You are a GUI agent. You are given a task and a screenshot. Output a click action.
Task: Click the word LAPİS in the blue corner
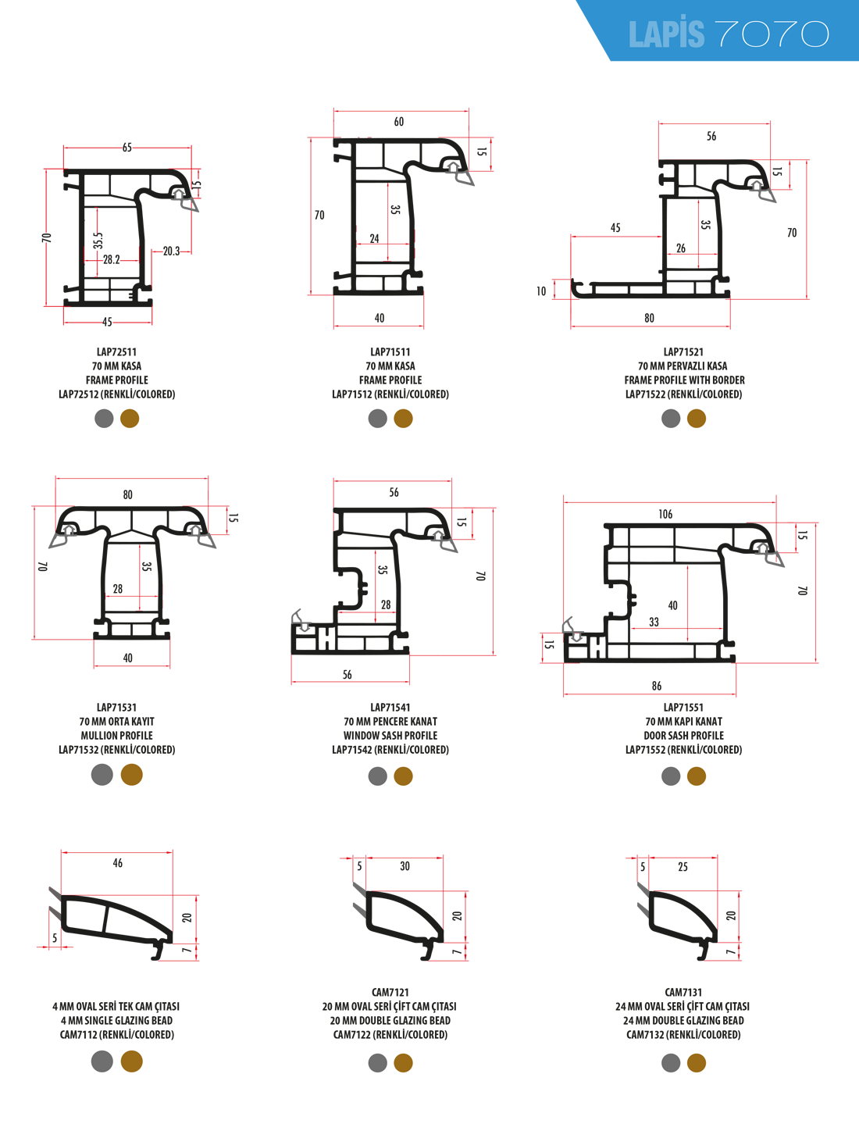pyautogui.click(x=666, y=34)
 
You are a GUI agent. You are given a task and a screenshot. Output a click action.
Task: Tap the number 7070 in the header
pyautogui.click(x=772, y=34)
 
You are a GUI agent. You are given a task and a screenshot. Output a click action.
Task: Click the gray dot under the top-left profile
pyautogui.click(x=104, y=418)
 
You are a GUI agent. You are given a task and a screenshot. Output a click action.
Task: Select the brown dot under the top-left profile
pyautogui.click(x=130, y=418)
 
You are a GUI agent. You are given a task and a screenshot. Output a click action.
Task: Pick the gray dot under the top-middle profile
pyautogui.click(x=378, y=419)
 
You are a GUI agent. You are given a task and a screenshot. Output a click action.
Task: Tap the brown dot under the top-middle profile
pyautogui.click(x=403, y=419)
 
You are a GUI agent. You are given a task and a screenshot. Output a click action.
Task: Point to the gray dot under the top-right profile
pyautogui.click(x=671, y=419)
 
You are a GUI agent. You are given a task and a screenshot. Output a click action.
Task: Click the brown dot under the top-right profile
pyautogui.click(x=697, y=419)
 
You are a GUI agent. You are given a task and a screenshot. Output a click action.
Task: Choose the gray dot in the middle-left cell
pyautogui.click(x=102, y=774)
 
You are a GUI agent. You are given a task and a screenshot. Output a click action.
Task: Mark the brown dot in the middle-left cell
pyautogui.click(x=132, y=774)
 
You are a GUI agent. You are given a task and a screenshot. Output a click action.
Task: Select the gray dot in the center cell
pyautogui.click(x=378, y=776)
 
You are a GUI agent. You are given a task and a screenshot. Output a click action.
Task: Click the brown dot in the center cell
pyautogui.click(x=403, y=776)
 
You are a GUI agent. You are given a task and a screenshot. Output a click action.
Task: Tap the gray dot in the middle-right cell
pyautogui.click(x=671, y=776)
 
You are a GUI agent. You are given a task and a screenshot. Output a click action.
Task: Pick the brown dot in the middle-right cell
pyautogui.click(x=697, y=776)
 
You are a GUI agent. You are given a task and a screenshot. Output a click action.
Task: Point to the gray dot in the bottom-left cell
pyautogui.click(x=102, y=1061)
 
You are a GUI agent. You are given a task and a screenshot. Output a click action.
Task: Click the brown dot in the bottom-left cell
pyautogui.click(x=132, y=1061)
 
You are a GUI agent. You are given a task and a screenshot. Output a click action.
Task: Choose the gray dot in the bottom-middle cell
pyautogui.click(x=378, y=1062)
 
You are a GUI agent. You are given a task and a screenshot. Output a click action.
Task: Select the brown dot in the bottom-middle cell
pyautogui.click(x=403, y=1062)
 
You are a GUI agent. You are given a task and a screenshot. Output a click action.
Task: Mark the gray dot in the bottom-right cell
pyautogui.click(x=671, y=1062)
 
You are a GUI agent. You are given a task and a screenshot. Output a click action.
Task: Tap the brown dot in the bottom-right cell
pyautogui.click(x=697, y=1062)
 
